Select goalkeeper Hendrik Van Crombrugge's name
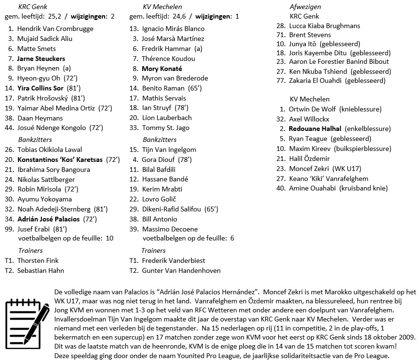(x=55, y=29)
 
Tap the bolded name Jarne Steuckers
(x=41, y=59)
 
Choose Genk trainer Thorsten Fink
(x=38, y=260)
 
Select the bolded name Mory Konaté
(x=162, y=69)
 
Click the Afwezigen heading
(x=305, y=7)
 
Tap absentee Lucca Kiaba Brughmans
(x=324, y=25)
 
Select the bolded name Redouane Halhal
(x=314, y=129)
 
